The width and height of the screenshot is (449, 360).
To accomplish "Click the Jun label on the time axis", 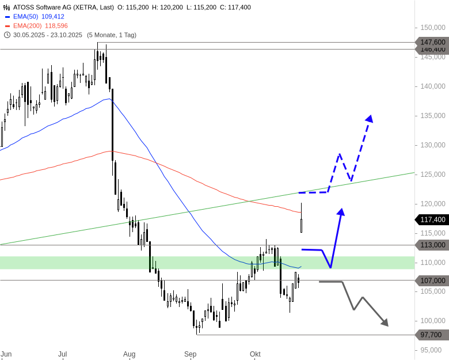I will (6, 354).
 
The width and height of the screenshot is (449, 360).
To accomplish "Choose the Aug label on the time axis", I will (129, 354).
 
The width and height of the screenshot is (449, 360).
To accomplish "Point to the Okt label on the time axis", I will (255, 354).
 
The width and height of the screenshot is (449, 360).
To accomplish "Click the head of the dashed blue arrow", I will (370, 119).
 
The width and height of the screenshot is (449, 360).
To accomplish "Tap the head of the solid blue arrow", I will (341, 212).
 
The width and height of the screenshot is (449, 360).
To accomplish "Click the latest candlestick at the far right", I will (302, 222).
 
